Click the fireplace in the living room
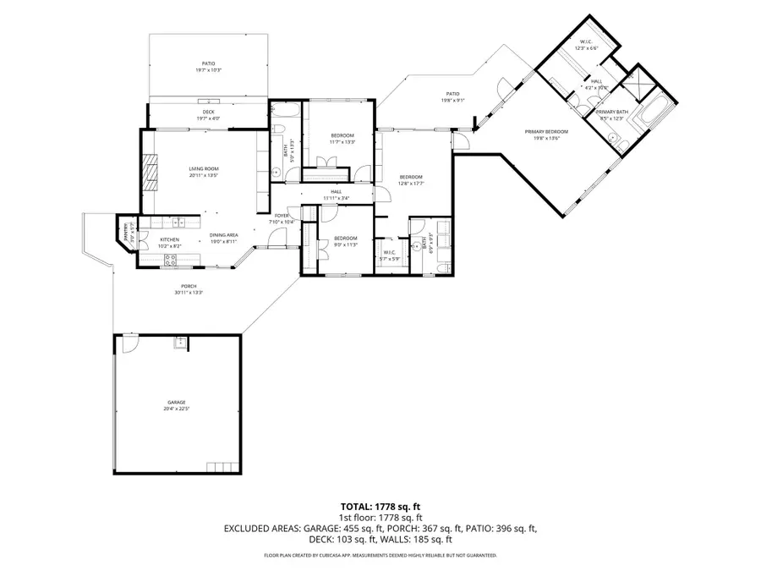coord(149,170)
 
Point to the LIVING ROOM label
coord(203,168)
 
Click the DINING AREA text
coord(223,234)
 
